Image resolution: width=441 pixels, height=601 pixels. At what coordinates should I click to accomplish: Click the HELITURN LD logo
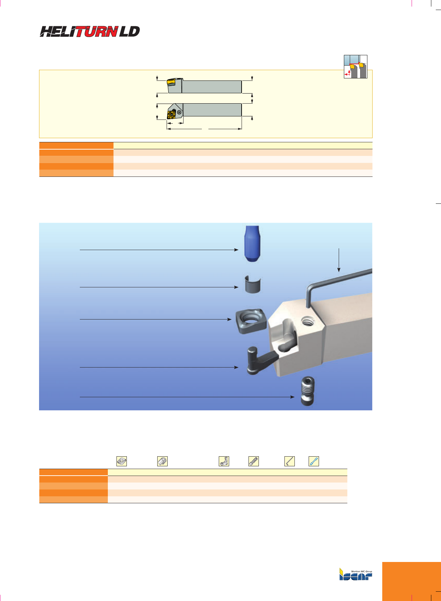click(90, 31)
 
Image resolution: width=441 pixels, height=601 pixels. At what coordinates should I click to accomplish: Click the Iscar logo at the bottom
click(356, 574)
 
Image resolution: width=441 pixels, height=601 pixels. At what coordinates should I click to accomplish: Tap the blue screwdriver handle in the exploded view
click(252, 244)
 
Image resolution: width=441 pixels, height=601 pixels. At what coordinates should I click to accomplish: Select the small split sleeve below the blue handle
click(253, 284)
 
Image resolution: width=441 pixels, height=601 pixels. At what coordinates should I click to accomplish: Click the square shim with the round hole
click(251, 321)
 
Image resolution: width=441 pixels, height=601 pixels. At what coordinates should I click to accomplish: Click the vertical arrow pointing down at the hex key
click(339, 260)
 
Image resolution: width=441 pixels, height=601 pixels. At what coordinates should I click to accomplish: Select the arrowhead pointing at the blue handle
click(236, 250)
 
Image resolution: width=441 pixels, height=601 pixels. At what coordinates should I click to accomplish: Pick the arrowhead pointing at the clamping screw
click(292, 397)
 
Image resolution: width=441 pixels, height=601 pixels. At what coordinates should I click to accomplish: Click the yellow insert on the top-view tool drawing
click(172, 114)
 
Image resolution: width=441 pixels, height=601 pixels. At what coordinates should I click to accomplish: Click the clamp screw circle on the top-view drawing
click(179, 112)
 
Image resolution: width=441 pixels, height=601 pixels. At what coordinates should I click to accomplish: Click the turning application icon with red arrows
click(355, 66)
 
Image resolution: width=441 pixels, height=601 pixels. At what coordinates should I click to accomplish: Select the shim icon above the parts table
click(122, 461)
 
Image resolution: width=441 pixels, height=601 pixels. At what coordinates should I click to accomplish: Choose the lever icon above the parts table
click(224, 461)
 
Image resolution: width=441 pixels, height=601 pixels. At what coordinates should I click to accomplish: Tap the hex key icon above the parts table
click(290, 461)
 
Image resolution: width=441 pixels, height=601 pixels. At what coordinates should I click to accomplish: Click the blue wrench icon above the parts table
click(313, 461)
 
